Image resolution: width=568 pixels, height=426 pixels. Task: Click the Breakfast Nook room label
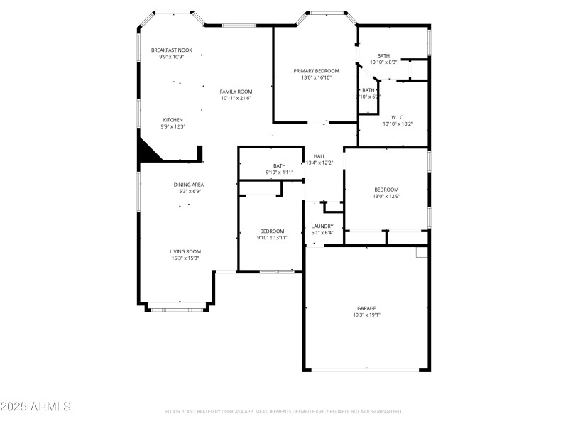tap(171, 50)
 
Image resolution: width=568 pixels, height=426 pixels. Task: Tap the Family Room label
tap(236, 92)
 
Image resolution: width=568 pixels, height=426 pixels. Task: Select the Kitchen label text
tap(173, 119)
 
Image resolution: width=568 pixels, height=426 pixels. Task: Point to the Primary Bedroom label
tap(316, 71)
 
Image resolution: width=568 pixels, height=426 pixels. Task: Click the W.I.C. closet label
tap(398, 117)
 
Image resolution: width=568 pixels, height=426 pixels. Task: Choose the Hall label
tap(319, 156)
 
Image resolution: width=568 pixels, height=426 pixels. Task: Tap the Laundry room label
tap(322, 226)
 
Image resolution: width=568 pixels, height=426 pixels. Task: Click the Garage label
tap(367, 308)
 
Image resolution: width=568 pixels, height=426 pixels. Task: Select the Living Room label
tap(185, 251)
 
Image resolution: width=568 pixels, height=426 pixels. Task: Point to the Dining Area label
tap(189, 185)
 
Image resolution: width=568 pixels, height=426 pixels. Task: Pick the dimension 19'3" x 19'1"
tap(367, 315)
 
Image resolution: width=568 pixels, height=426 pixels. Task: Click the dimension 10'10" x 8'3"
tap(383, 62)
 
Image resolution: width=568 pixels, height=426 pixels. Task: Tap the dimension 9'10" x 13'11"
tap(272, 237)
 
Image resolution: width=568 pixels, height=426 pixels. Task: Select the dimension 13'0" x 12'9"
tap(386, 196)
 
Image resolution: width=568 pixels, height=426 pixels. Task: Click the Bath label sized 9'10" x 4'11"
tap(279, 166)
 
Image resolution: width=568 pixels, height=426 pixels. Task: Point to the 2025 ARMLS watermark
tap(35, 407)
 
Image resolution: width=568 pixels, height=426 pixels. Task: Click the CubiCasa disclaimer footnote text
tap(284, 411)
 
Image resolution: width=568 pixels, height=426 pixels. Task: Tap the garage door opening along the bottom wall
tap(367, 370)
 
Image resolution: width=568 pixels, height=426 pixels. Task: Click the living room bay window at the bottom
tap(177, 309)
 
